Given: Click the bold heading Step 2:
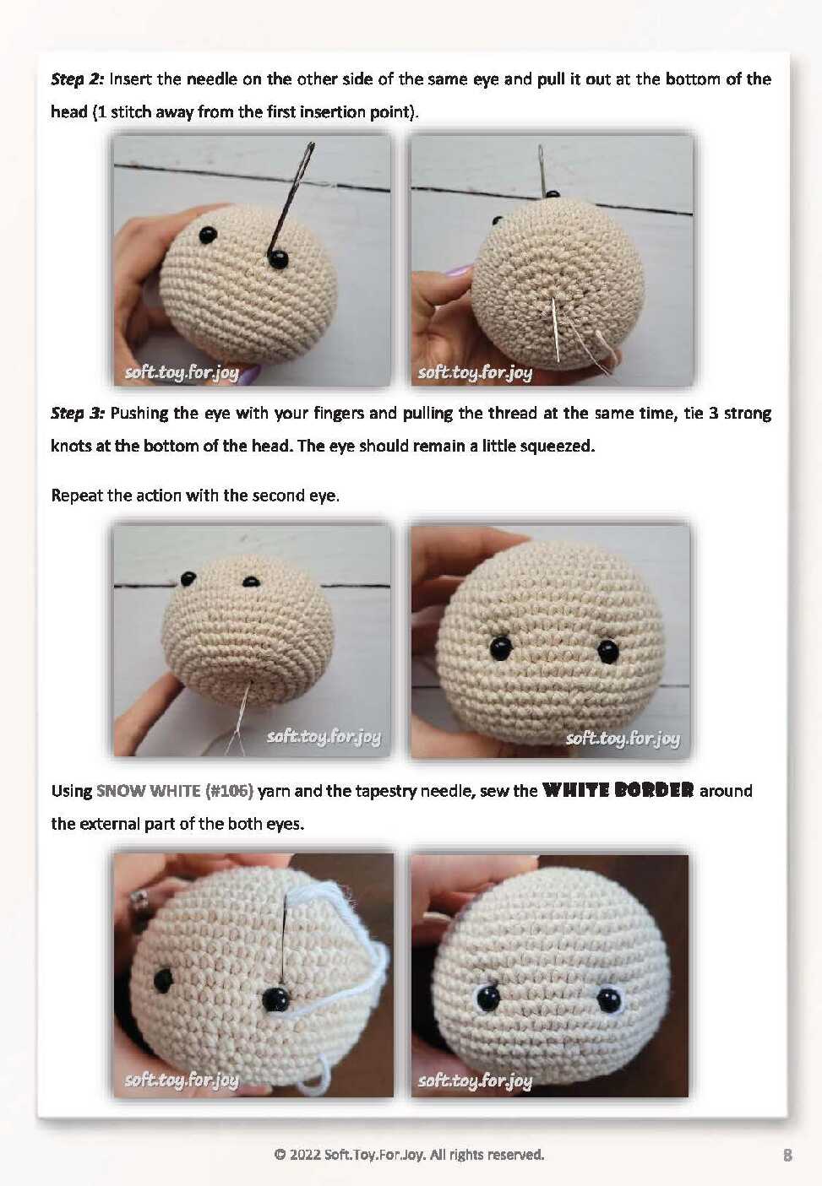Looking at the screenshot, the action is (x=78, y=79).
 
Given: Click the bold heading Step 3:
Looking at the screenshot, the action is (x=78, y=414).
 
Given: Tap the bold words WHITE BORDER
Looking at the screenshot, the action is (x=618, y=791).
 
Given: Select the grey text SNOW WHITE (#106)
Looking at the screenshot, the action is (x=175, y=792).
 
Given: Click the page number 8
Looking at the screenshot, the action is (x=787, y=1156).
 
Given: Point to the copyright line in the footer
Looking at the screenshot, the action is (x=409, y=1155).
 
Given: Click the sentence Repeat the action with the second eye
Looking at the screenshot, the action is (x=195, y=496).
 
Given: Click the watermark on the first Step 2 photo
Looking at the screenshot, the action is (x=182, y=373).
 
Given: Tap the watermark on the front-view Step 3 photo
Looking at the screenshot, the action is (x=623, y=738).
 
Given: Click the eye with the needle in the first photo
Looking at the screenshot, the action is (x=278, y=259).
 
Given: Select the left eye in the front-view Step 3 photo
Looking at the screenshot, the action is (x=500, y=648).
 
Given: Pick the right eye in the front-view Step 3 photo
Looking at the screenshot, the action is (x=608, y=651).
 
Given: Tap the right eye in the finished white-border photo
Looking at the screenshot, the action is (x=608, y=999).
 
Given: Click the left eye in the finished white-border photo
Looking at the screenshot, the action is (x=487, y=998).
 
